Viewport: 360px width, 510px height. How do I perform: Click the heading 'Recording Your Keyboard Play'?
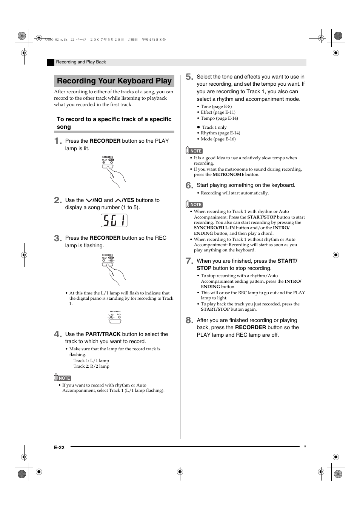point(114,81)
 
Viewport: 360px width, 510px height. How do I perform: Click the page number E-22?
point(59,447)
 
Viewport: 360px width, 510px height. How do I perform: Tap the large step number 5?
point(189,77)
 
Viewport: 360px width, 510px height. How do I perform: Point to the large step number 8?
point(189,320)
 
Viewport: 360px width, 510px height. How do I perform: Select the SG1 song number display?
point(114,220)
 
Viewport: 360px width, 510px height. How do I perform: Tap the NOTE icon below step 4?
point(63,378)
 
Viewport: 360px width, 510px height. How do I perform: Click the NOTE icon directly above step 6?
point(194,151)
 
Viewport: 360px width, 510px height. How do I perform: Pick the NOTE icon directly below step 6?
point(194,204)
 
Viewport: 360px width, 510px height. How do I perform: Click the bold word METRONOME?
point(228,174)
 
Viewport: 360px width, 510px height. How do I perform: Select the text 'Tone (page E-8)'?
point(216,106)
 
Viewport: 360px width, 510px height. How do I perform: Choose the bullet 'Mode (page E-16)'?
point(218,139)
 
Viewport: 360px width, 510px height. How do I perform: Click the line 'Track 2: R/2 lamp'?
point(91,366)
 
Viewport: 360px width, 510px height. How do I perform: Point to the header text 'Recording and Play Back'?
point(81,62)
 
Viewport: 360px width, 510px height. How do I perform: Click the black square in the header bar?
point(51,63)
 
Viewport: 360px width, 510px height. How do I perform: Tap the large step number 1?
point(58,141)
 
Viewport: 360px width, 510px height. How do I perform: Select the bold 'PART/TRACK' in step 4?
point(103,334)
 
